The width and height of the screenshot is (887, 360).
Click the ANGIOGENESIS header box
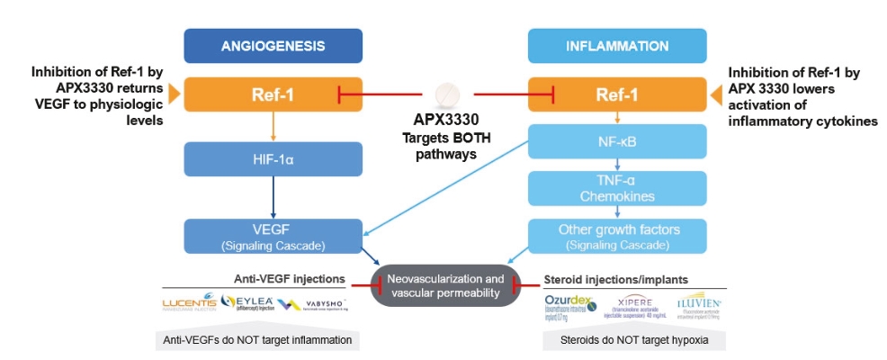pyautogui.click(x=273, y=45)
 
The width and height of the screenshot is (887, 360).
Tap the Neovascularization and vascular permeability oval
pyautogui.click(x=444, y=285)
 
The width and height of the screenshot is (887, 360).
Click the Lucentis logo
pyautogui.click(x=189, y=304)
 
